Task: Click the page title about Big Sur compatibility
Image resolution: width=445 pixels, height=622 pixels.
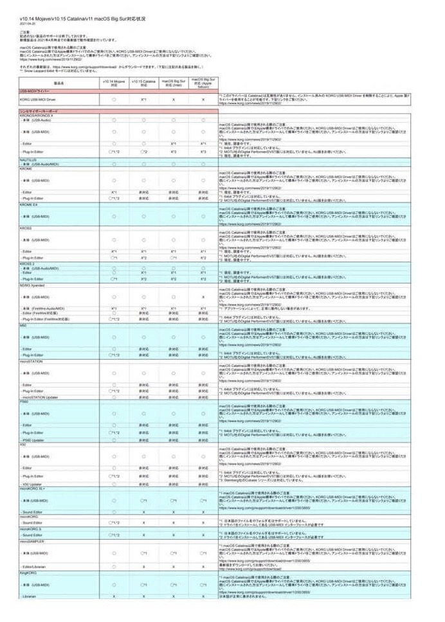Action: pyautogui.click(x=82, y=19)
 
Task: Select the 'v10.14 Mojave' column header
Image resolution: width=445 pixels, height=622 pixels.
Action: pyautogui.click(x=113, y=83)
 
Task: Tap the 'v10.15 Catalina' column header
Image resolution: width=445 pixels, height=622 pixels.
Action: pyautogui.click(x=144, y=83)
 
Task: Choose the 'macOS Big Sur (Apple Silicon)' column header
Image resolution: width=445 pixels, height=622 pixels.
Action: pyautogui.click(x=203, y=83)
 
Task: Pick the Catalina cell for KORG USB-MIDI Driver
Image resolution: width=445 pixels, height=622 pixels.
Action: pyautogui.click(x=144, y=100)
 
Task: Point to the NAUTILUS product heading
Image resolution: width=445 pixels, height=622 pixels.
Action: pyautogui.click(x=28, y=159)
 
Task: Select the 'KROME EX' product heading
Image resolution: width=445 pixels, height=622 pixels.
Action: pyautogui.click(x=29, y=204)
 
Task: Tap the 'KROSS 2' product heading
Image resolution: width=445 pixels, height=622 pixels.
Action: pyautogui.click(x=28, y=263)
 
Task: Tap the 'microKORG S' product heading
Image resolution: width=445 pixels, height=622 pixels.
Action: pyautogui.click(x=31, y=529)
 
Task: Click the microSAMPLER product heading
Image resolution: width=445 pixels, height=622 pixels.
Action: pyautogui.click(x=33, y=541)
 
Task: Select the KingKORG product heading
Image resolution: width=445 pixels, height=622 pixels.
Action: pyautogui.click(x=28, y=572)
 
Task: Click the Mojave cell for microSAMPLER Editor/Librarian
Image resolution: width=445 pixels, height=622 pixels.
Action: pyautogui.click(x=113, y=566)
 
